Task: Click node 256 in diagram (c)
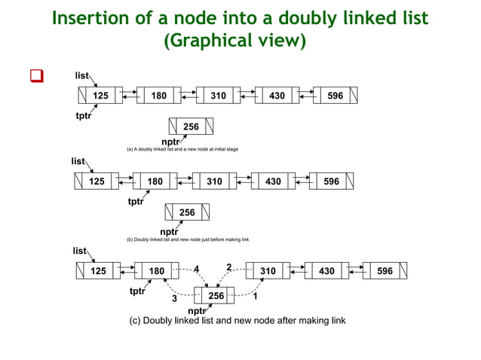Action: [x=216, y=296]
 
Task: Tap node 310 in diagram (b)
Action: [x=215, y=182]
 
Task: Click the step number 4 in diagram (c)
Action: [x=197, y=268]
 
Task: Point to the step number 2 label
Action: [x=229, y=267]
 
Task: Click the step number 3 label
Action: [x=174, y=299]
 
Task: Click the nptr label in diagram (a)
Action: [x=171, y=141]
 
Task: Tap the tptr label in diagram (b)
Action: [x=136, y=202]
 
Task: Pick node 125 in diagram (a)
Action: [x=100, y=96]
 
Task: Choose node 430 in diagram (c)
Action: [x=326, y=271]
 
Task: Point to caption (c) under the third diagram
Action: [x=239, y=321]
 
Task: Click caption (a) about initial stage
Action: [x=182, y=150]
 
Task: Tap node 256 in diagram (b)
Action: [x=186, y=213]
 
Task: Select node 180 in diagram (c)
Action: [x=157, y=271]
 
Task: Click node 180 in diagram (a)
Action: [x=158, y=96]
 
